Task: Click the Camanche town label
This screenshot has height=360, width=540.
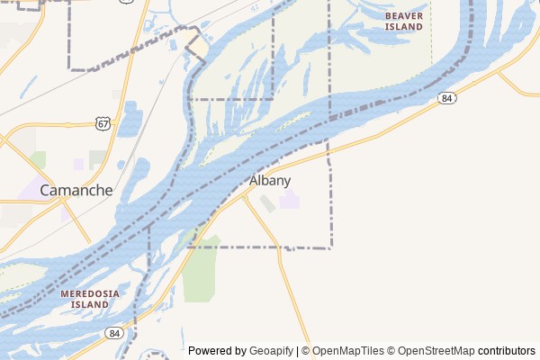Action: point(76,190)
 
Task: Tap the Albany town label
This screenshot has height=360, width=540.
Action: point(270,180)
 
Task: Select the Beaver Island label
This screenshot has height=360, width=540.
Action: point(403,22)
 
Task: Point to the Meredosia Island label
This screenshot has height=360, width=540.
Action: point(91,299)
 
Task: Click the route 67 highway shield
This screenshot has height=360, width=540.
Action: point(104,122)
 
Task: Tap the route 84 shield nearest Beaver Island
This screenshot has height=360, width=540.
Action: point(446,97)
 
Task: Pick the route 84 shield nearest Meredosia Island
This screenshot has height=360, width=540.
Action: point(112,333)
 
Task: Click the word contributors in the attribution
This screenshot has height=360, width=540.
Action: point(506,351)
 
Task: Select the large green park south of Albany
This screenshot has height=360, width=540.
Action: point(201,270)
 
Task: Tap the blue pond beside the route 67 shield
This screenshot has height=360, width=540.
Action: point(131,121)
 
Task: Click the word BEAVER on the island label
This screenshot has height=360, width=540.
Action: point(403,16)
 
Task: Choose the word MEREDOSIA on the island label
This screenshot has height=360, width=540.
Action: point(91,293)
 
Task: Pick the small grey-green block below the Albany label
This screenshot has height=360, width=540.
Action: point(268,204)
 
